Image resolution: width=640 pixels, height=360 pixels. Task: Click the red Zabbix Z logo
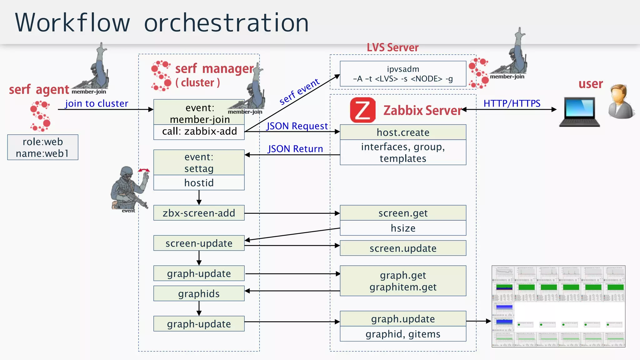tap(362, 110)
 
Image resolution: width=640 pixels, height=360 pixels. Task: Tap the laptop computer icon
tap(580, 112)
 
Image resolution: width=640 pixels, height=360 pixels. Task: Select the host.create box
tap(403, 132)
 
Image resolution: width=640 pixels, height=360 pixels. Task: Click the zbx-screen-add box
tap(199, 213)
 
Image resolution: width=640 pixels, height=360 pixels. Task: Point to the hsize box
tap(403, 228)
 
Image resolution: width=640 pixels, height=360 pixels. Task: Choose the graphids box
tap(199, 293)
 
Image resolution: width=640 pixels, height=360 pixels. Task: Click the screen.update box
tap(403, 248)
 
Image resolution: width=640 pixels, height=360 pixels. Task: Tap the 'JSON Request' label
tap(297, 126)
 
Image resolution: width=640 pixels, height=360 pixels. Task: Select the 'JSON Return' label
tap(295, 149)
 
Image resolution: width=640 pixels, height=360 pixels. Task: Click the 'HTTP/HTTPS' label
tap(512, 103)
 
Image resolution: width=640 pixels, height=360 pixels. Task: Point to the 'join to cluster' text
tap(97, 103)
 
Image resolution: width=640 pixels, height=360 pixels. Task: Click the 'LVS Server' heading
tap(392, 47)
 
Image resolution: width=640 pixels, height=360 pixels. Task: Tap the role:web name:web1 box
tap(43, 147)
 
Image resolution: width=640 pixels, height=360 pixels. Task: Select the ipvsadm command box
tap(403, 74)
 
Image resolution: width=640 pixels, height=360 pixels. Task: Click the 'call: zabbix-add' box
tap(199, 132)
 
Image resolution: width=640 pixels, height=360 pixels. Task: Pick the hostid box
tap(199, 183)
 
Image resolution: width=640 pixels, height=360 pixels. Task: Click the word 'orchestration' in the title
tap(226, 23)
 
